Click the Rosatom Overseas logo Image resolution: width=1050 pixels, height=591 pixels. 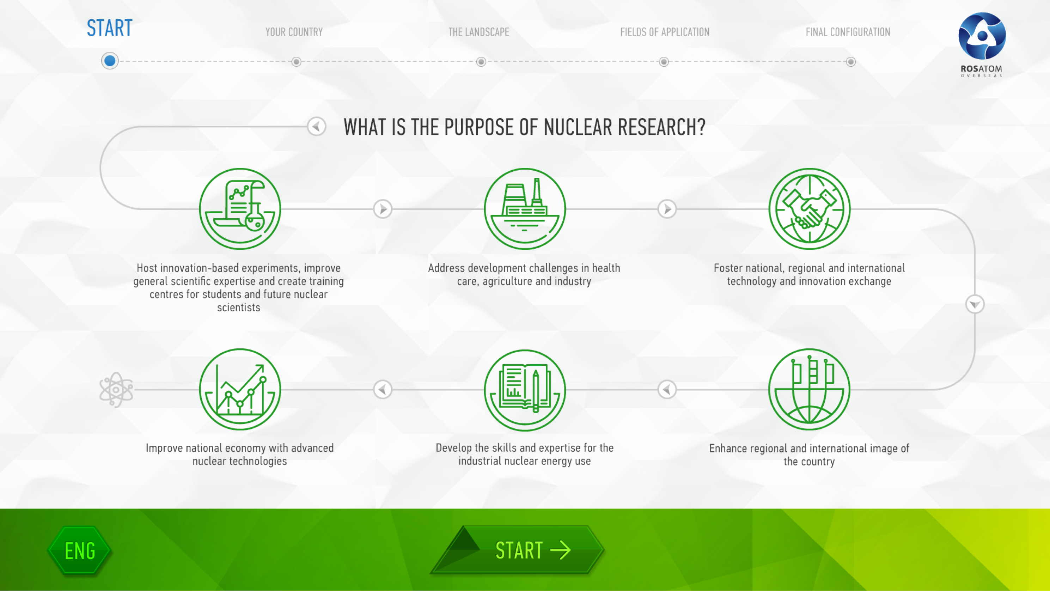click(982, 44)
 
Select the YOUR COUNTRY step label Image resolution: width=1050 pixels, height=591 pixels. click(294, 32)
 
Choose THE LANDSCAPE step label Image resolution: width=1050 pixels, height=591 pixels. click(478, 32)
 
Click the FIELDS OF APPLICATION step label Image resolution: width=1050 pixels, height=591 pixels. click(665, 32)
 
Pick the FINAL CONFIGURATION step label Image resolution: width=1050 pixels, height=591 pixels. click(848, 32)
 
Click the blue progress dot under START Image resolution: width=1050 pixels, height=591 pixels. click(110, 61)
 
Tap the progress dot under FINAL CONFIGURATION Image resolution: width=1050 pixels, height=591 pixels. click(851, 62)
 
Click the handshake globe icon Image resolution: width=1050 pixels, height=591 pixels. click(810, 209)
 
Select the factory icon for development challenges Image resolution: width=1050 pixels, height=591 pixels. click(525, 209)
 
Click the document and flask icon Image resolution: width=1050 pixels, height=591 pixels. click(240, 209)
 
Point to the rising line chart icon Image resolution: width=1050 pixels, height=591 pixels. click(240, 389)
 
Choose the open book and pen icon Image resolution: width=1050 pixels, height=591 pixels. click(525, 390)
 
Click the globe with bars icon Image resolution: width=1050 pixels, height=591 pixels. click(810, 389)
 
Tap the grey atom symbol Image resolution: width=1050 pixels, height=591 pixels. click(116, 390)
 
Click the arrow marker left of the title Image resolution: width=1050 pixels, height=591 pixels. click(317, 126)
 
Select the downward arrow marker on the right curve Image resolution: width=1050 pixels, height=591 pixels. click(975, 304)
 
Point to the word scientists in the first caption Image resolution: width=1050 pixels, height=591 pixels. click(238, 307)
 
